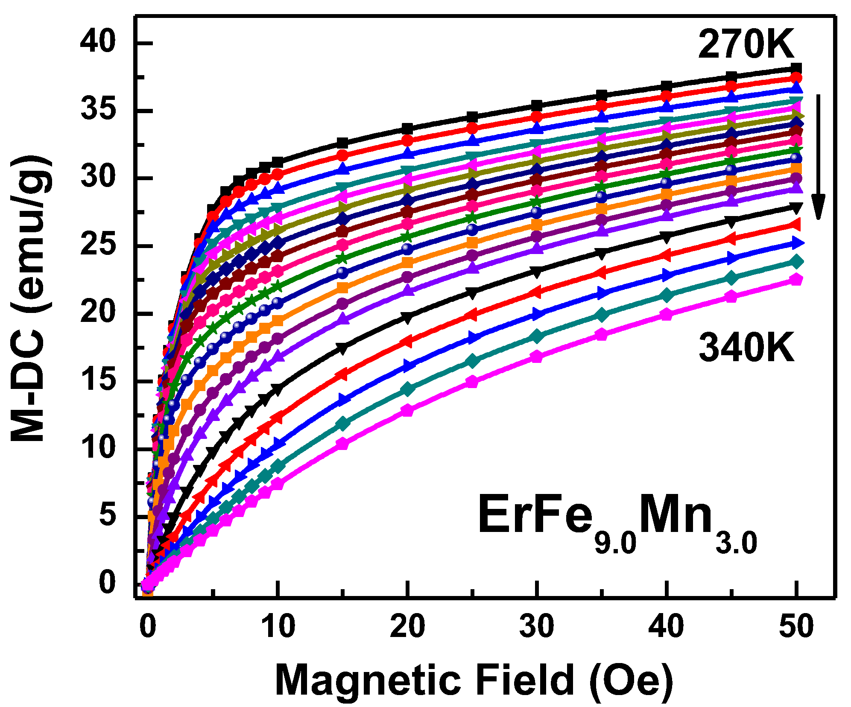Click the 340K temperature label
click(746, 348)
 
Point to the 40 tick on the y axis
click(98, 43)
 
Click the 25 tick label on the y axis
click(98, 246)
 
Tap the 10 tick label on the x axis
click(278, 627)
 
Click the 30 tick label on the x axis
click(537, 627)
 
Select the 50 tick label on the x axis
click(796, 627)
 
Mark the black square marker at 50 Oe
click(796, 68)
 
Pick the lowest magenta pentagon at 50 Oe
click(796, 280)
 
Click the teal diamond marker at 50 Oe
click(796, 261)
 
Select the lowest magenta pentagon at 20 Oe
click(407, 411)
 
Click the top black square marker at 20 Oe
click(407, 129)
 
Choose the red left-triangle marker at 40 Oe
click(666, 255)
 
